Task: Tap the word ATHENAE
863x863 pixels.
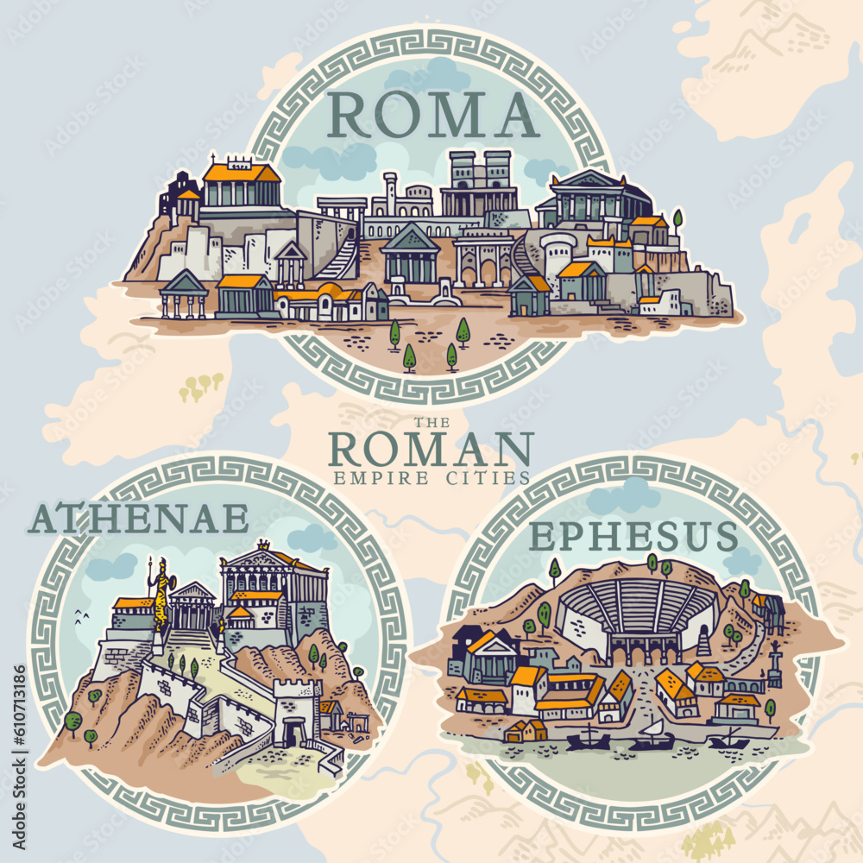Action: (138, 519)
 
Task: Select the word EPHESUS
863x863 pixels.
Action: (633, 536)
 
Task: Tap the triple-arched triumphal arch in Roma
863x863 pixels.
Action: (484, 256)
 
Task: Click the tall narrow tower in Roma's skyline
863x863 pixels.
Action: (391, 194)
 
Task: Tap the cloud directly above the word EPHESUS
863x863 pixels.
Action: (623, 495)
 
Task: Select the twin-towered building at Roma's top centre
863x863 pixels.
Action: (480, 182)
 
